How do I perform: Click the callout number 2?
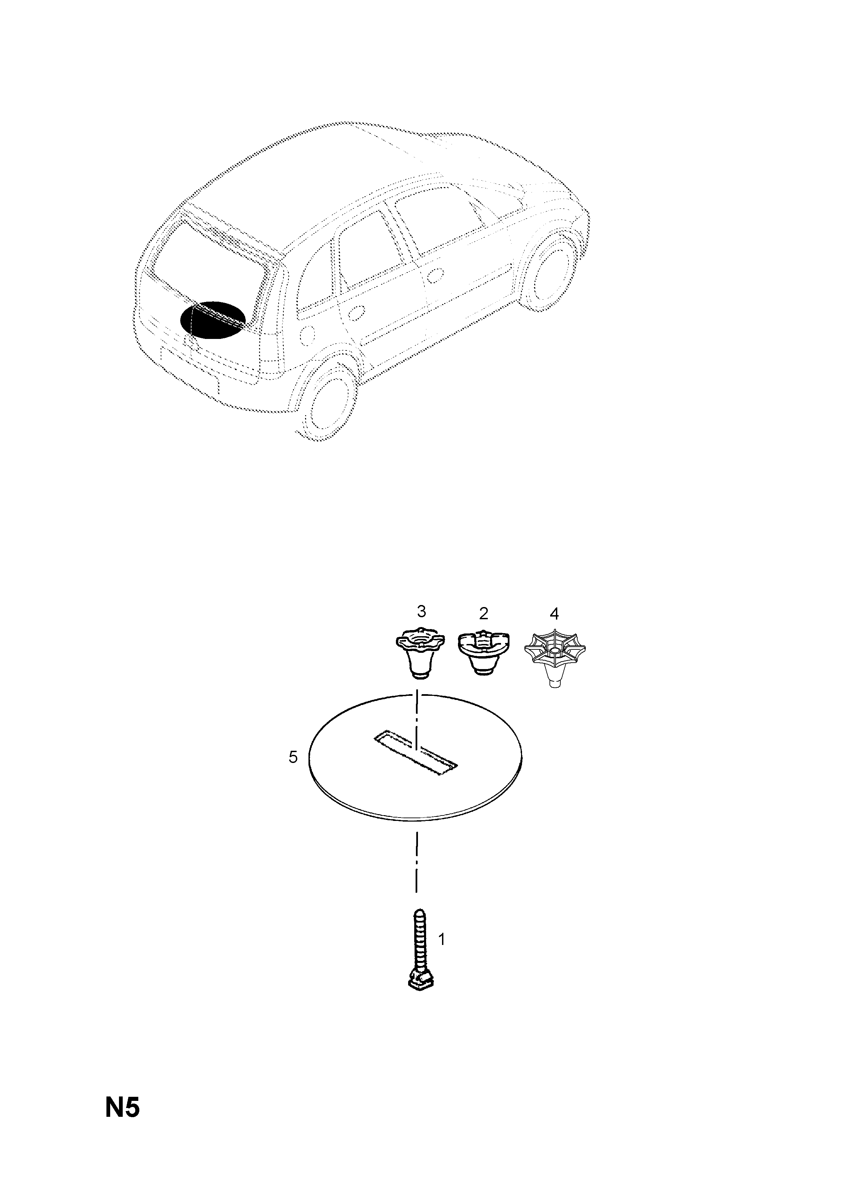pyautogui.click(x=484, y=614)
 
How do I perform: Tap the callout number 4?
pyautogui.click(x=554, y=614)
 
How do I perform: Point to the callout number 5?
pyautogui.click(x=293, y=758)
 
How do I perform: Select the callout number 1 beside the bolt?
pyautogui.click(x=442, y=939)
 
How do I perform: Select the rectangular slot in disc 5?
pyautogui.click(x=416, y=761)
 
